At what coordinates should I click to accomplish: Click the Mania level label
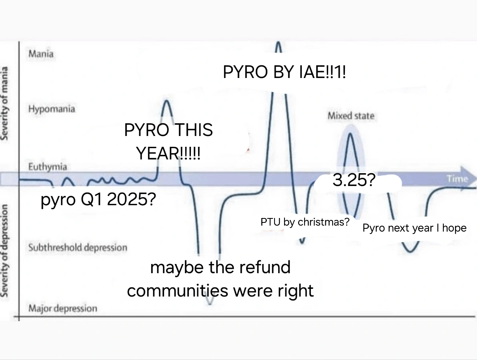[41, 54]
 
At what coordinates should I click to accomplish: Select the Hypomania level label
[52, 109]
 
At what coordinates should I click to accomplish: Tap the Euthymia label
[48, 167]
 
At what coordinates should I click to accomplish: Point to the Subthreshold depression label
[78, 248]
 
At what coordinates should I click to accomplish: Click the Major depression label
[63, 308]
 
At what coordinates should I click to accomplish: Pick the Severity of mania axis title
[4, 103]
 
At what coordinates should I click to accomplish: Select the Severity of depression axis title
[4, 250]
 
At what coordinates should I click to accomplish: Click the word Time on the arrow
[457, 178]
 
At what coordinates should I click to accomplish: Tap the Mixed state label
[351, 116]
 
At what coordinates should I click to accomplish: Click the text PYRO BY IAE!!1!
[285, 72]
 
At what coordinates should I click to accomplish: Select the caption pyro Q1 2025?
[98, 199]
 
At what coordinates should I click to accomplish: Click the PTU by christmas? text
[305, 222]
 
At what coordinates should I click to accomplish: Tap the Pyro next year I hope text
[414, 228]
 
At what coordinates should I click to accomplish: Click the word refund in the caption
[265, 267]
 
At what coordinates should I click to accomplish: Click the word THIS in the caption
[193, 130]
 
